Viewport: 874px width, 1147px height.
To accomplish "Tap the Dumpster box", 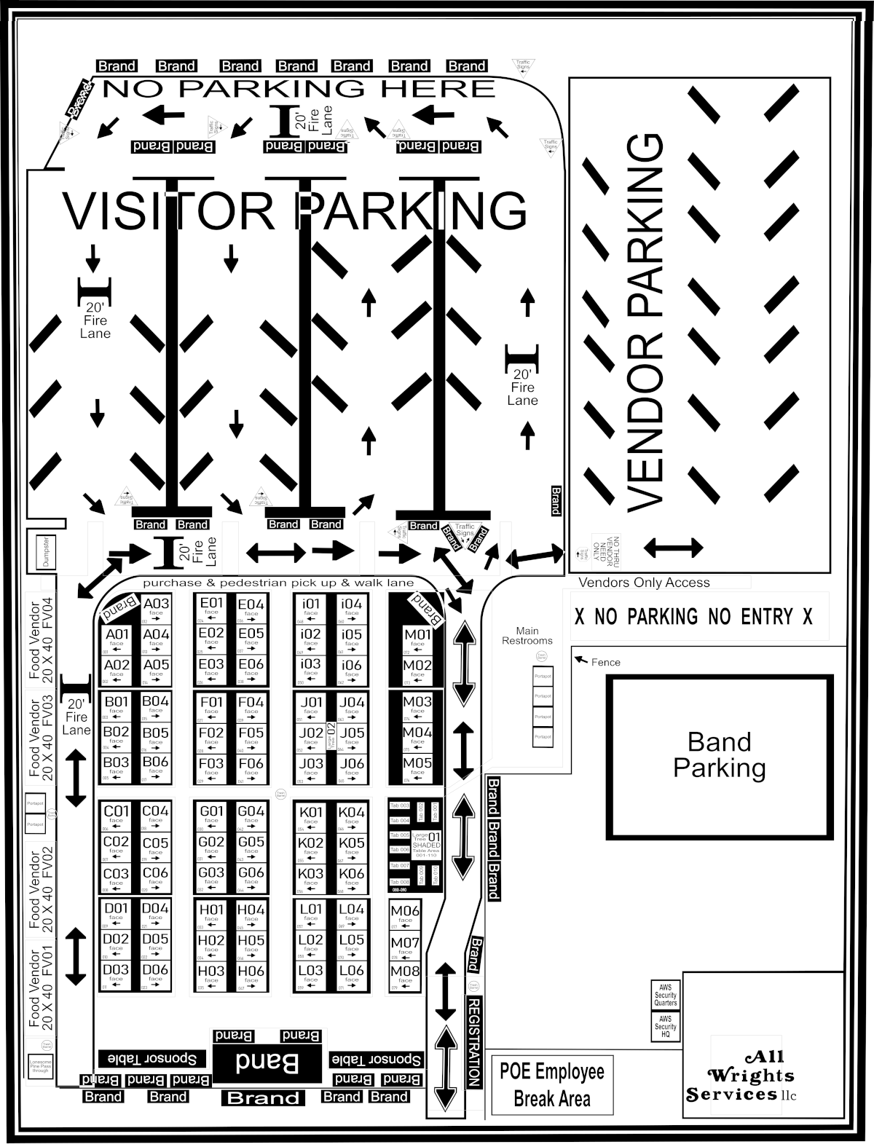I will [45, 553].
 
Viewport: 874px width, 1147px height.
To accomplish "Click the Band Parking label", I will [719, 755].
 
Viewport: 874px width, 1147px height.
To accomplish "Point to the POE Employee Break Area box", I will [551, 1084].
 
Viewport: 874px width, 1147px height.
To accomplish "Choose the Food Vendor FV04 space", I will [41, 638].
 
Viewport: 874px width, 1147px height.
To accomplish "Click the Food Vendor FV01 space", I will [41, 987].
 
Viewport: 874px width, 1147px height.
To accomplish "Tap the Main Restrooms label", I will [527, 636].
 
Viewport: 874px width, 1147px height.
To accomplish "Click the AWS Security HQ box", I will [665, 1026].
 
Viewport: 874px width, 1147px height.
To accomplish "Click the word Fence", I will [605, 662].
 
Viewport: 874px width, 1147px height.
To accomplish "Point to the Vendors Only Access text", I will [644, 583].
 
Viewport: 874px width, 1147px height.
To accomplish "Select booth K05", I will [352, 846].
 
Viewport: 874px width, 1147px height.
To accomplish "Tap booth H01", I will [211, 913].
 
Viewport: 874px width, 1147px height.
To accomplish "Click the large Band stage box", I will [267, 1063].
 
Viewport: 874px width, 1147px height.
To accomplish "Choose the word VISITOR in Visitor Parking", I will [169, 211].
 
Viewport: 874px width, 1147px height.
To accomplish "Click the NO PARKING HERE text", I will [299, 89].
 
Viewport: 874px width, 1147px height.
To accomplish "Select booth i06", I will [351, 668].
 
